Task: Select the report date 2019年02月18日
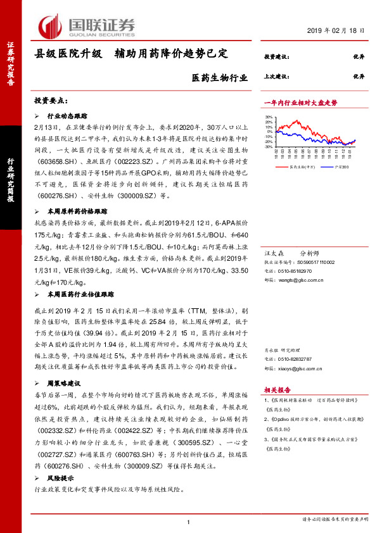click(338, 30)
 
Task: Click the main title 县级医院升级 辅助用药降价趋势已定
click(139, 54)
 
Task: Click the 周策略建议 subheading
click(65, 383)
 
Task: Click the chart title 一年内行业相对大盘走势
click(300, 102)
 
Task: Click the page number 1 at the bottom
click(189, 521)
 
